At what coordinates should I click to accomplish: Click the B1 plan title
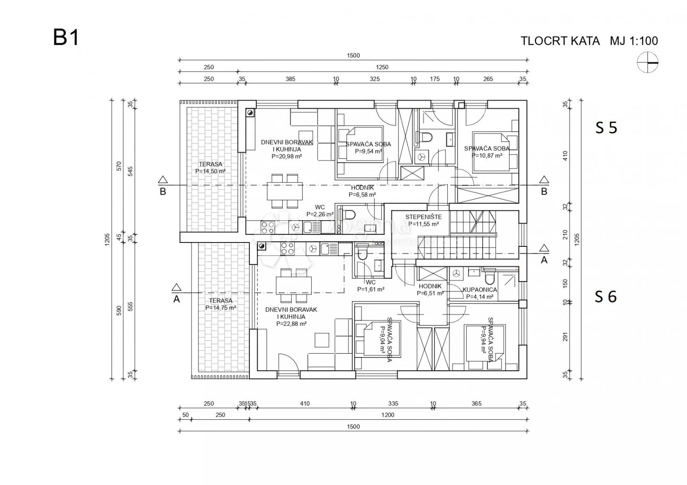pyautogui.click(x=66, y=38)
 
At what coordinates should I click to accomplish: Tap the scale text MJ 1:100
pyautogui.click(x=634, y=41)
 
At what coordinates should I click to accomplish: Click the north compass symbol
pyautogui.click(x=647, y=63)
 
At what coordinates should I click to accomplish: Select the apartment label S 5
pyautogui.click(x=606, y=128)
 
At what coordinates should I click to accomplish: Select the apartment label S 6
pyautogui.click(x=606, y=297)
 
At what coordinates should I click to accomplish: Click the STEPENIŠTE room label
pyautogui.click(x=423, y=217)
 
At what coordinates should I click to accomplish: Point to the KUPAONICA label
pyautogui.click(x=480, y=290)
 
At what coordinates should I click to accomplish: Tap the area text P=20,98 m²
pyautogui.click(x=287, y=156)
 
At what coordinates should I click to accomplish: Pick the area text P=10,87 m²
pyautogui.click(x=487, y=155)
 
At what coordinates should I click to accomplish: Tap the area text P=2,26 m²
pyautogui.click(x=320, y=214)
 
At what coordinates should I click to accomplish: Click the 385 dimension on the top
pyautogui.click(x=290, y=79)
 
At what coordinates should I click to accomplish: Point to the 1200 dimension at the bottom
pyautogui.click(x=388, y=415)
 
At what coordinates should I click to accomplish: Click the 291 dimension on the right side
pyautogui.click(x=565, y=337)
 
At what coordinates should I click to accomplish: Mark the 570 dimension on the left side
pyautogui.click(x=119, y=166)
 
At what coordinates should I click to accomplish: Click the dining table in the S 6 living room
pyautogui.click(x=294, y=285)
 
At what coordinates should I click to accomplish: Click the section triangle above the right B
pyautogui.click(x=544, y=180)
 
